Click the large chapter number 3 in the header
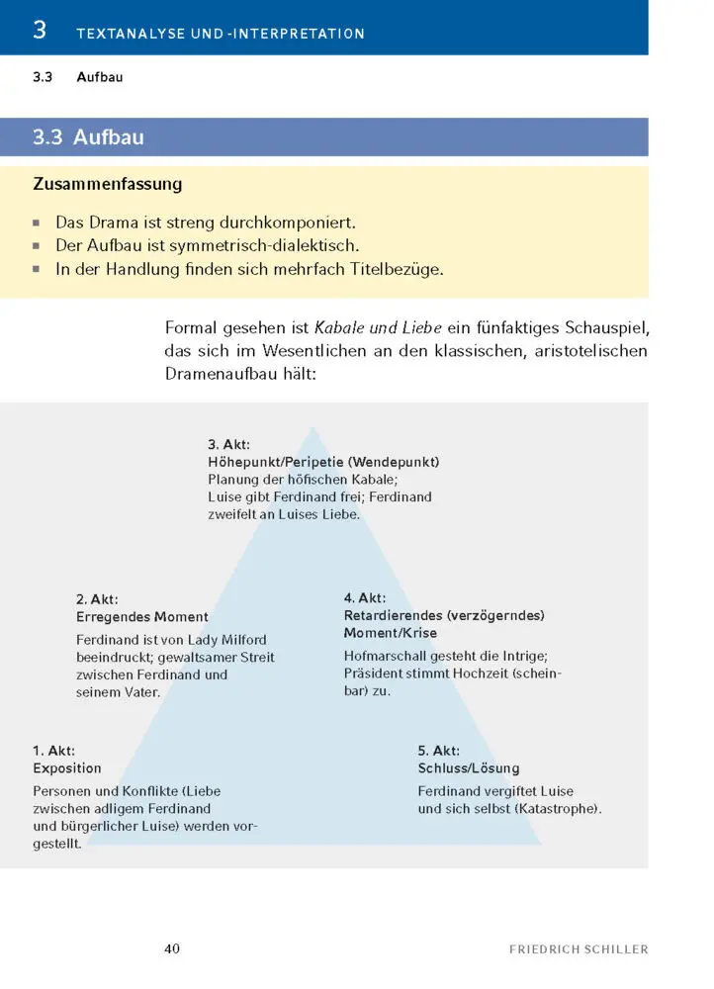coord(40,30)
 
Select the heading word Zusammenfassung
coord(107,184)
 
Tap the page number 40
coord(172,948)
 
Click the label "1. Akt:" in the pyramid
coord(53,751)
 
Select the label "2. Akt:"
coord(97,599)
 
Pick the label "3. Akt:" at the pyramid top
coord(228,444)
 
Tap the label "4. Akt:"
coord(365,598)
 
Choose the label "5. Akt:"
coord(439,751)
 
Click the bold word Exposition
coord(67,768)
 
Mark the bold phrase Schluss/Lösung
coord(469,768)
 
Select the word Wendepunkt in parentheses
coord(395,462)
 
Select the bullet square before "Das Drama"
coord(38,223)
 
